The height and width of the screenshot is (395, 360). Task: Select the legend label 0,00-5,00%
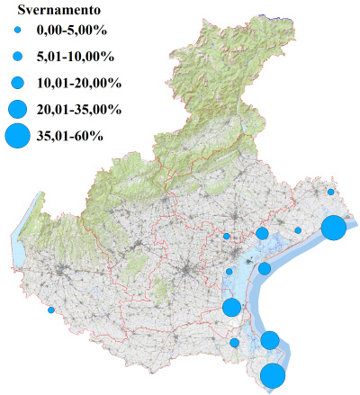[x=68, y=33]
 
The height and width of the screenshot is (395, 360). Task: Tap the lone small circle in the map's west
[x=51, y=310]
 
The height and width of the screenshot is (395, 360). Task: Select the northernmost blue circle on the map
[x=331, y=192]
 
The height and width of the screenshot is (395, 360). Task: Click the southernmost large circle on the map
[x=273, y=376]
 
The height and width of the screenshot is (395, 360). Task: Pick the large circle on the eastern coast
[x=333, y=228]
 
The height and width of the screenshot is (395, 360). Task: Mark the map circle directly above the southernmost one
[x=270, y=340]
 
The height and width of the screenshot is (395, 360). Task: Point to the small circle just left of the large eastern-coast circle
[x=298, y=230]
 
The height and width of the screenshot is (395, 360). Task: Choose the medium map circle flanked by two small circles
[x=262, y=234]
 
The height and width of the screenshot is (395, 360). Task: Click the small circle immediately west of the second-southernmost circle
[x=235, y=342]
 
